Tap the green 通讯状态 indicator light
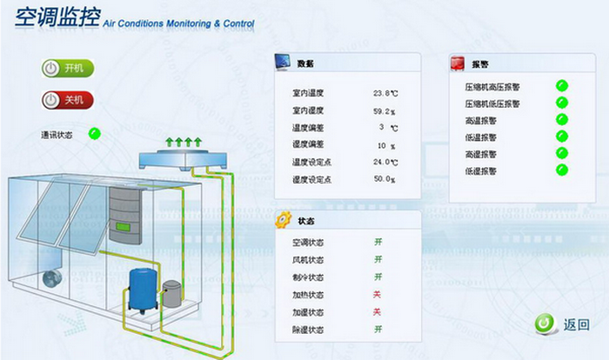click(x=95, y=134)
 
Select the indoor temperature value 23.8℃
click(x=385, y=93)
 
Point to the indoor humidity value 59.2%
click(x=385, y=111)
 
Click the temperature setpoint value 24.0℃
click(x=385, y=163)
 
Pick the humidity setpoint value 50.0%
click(x=385, y=180)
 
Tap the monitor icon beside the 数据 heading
click(x=283, y=63)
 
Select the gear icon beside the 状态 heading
click(x=283, y=220)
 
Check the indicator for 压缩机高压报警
click(x=562, y=85)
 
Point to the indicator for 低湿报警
click(x=562, y=170)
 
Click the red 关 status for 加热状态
click(x=378, y=295)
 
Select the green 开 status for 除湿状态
click(x=378, y=330)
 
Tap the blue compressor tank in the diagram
click(x=140, y=290)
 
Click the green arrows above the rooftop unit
click(x=184, y=142)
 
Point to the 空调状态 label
click(x=309, y=243)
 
